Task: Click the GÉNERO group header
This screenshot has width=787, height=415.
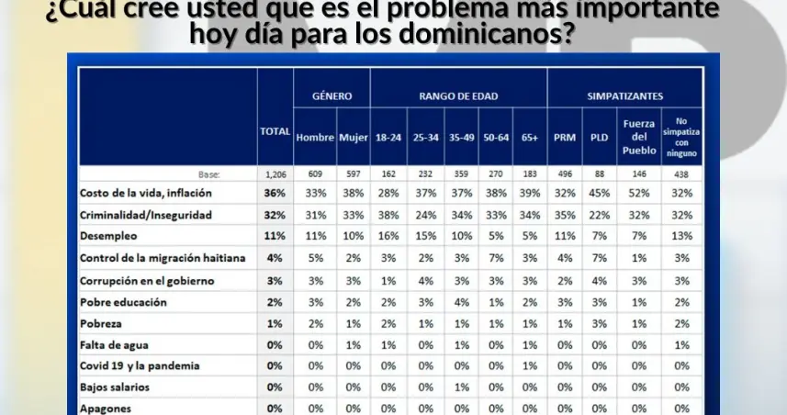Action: tap(332, 95)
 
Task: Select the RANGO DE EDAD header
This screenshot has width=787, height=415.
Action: tap(456, 95)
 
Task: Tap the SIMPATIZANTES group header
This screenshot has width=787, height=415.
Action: tap(624, 95)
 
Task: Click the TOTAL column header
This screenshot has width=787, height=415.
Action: tap(275, 131)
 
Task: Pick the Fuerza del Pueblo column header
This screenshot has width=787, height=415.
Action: tap(639, 137)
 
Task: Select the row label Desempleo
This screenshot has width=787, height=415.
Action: tap(109, 235)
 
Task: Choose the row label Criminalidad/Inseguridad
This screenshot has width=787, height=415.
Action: tap(146, 214)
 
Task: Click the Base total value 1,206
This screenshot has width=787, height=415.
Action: tap(275, 174)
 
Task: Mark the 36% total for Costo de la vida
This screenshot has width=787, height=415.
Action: tap(275, 193)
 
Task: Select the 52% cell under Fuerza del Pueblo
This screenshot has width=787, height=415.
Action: tap(639, 193)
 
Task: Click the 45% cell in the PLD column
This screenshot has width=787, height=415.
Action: tap(601, 193)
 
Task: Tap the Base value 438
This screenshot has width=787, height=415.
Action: tap(680, 174)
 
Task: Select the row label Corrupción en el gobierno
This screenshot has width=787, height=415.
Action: tap(147, 279)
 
